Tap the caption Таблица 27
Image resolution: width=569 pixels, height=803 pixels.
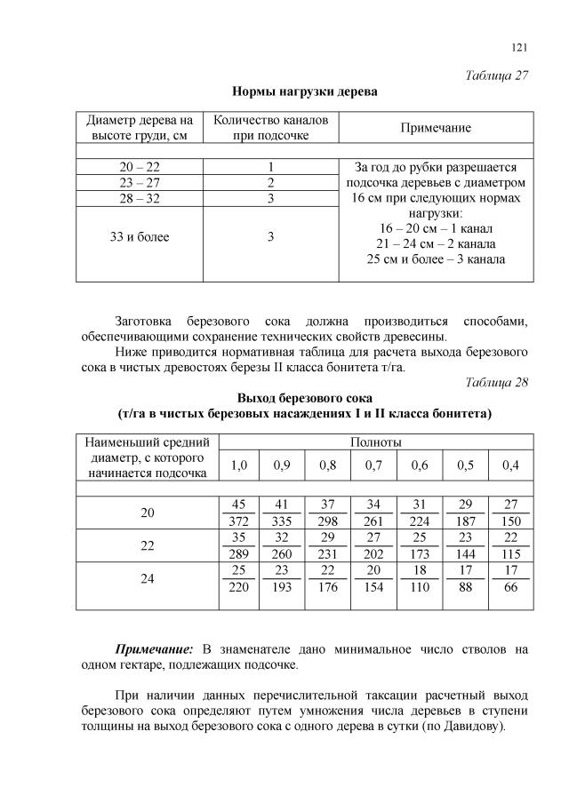(x=497, y=76)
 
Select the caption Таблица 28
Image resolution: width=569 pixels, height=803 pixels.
(x=497, y=383)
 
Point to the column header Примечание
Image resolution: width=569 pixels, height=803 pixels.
(x=435, y=128)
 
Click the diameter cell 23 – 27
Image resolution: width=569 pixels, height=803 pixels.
(x=140, y=183)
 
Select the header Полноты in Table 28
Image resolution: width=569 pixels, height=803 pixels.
(x=375, y=441)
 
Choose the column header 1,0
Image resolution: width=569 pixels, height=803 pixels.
(x=239, y=465)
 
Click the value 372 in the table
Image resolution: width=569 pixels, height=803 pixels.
(x=239, y=521)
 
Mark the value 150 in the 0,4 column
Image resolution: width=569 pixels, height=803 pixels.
(x=511, y=521)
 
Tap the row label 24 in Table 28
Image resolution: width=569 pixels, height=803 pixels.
(x=148, y=577)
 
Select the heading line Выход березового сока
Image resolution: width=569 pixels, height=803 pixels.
(x=304, y=398)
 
